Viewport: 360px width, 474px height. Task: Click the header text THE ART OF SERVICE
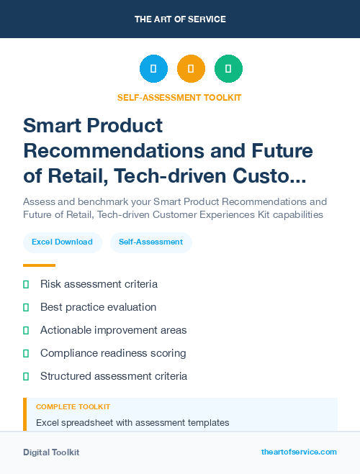click(x=180, y=19)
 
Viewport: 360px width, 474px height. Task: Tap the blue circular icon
click(x=153, y=69)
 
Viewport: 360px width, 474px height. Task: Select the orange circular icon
click(x=191, y=69)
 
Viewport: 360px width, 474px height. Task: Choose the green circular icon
click(x=228, y=69)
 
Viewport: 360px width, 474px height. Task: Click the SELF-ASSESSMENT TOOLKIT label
click(x=179, y=97)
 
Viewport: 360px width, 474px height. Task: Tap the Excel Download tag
click(x=62, y=242)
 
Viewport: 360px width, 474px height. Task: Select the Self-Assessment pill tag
click(x=151, y=242)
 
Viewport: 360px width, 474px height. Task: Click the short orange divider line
click(x=39, y=265)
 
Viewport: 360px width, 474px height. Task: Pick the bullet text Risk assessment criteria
click(x=99, y=284)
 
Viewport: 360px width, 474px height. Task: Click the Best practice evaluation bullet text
click(x=98, y=307)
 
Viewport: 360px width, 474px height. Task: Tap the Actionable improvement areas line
click(x=113, y=330)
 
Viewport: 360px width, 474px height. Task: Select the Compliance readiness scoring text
click(x=113, y=353)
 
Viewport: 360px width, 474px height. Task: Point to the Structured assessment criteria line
click(x=114, y=376)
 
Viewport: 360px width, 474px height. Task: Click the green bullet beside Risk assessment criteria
click(x=26, y=284)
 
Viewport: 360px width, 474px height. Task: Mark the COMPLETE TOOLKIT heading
click(x=73, y=407)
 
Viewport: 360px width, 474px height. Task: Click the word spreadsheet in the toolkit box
click(x=88, y=422)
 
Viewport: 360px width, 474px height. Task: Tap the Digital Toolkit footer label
click(x=51, y=452)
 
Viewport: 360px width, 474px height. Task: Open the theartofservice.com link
click(x=299, y=452)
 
